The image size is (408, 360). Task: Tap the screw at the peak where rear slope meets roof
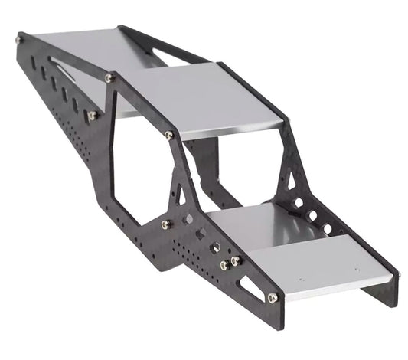pyautogui.click(x=110, y=78)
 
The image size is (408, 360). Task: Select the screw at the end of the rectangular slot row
pyautogui.click(x=92, y=116)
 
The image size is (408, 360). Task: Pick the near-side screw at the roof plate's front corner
pyautogui.click(x=168, y=136)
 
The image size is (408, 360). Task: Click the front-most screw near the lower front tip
pyautogui.click(x=272, y=297)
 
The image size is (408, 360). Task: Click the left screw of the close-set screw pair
pyautogui.click(x=224, y=265)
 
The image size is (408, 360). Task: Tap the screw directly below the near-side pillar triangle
pyautogui.click(x=166, y=224)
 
